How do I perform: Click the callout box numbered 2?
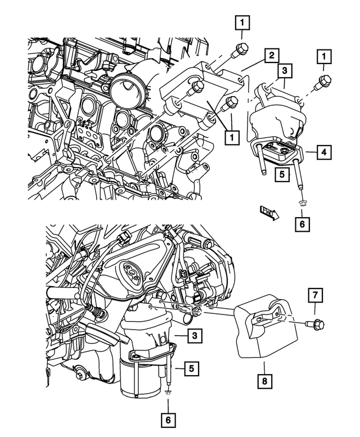(271, 56)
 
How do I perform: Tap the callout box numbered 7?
(315, 295)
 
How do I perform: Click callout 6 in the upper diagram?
(301, 224)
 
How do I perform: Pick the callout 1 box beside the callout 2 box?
(324, 56)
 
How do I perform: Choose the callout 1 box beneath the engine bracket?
(229, 136)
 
